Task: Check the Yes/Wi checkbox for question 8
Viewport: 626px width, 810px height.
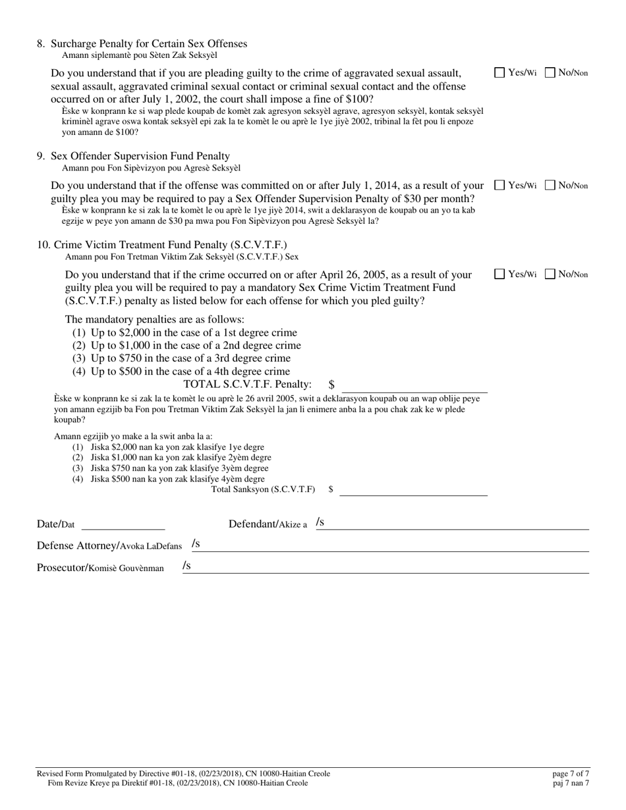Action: [499, 73]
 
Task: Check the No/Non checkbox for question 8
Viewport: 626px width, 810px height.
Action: [550, 73]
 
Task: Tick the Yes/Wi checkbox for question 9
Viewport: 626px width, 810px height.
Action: [499, 186]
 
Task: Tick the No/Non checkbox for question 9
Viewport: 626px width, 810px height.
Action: [550, 186]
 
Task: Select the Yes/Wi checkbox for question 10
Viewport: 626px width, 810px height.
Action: [499, 275]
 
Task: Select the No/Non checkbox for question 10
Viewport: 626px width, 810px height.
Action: [550, 275]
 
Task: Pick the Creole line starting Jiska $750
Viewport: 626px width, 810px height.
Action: [178, 468]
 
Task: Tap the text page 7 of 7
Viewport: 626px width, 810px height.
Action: [571, 773]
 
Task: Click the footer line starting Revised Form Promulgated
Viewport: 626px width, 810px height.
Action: [184, 773]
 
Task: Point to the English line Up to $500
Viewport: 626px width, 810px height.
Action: [181, 371]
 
